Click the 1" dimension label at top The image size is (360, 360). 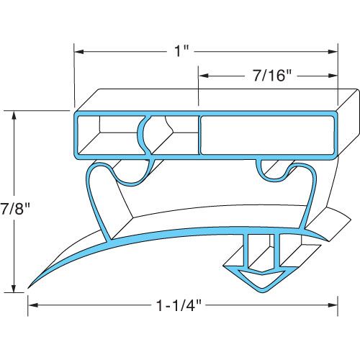[184, 52]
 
